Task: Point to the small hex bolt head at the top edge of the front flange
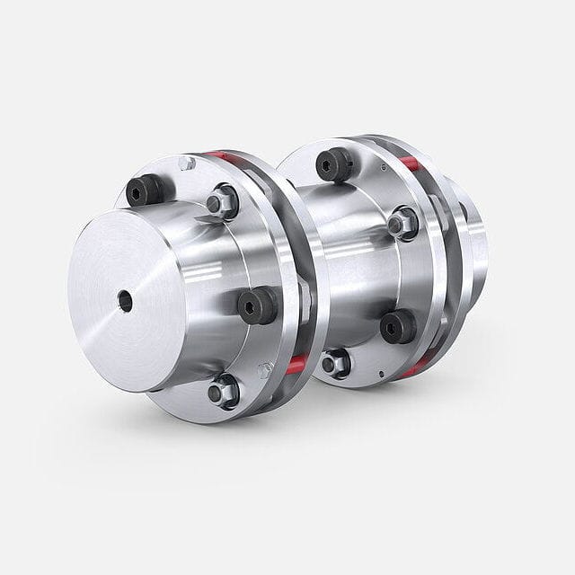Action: coord(187,164)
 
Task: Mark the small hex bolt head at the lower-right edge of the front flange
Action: coord(265,369)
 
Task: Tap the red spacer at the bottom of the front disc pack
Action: coord(296,364)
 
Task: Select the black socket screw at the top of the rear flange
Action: coord(334,164)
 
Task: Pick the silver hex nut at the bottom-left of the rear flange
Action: coord(335,363)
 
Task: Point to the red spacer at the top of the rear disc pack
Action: coord(410,163)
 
